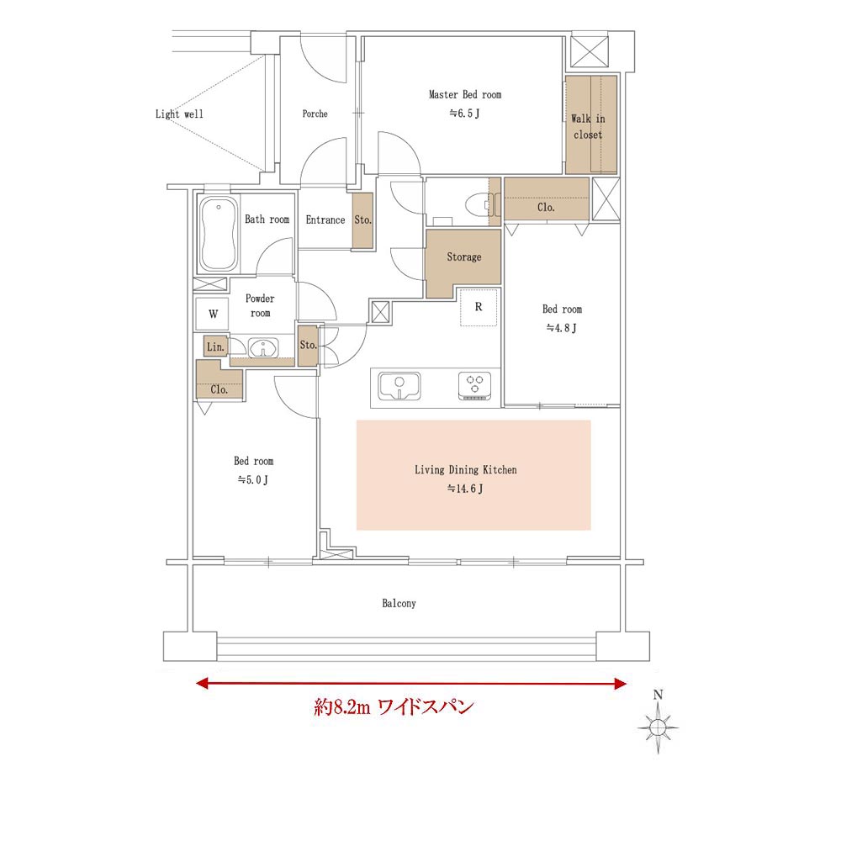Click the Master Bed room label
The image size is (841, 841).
(465, 95)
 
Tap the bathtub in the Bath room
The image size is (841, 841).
(219, 234)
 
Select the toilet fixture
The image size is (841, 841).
(477, 204)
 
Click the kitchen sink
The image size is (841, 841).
(399, 386)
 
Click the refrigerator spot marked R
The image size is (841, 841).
(479, 307)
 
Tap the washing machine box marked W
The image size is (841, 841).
(213, 314)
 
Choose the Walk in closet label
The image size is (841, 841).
(588, 127)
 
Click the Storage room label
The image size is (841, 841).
(464, 257)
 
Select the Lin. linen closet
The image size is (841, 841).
(215, 346)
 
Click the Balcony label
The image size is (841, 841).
(399, 603)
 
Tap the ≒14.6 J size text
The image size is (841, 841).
(465, 489)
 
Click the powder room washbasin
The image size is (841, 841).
(262, 348)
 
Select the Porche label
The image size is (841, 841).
(315, 114)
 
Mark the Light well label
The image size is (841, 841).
(179, 114)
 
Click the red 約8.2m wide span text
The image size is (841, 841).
(394, 707)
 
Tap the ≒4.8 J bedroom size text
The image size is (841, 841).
(562, 328)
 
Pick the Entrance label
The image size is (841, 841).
(325, 220)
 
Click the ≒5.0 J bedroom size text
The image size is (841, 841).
(253, 480)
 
